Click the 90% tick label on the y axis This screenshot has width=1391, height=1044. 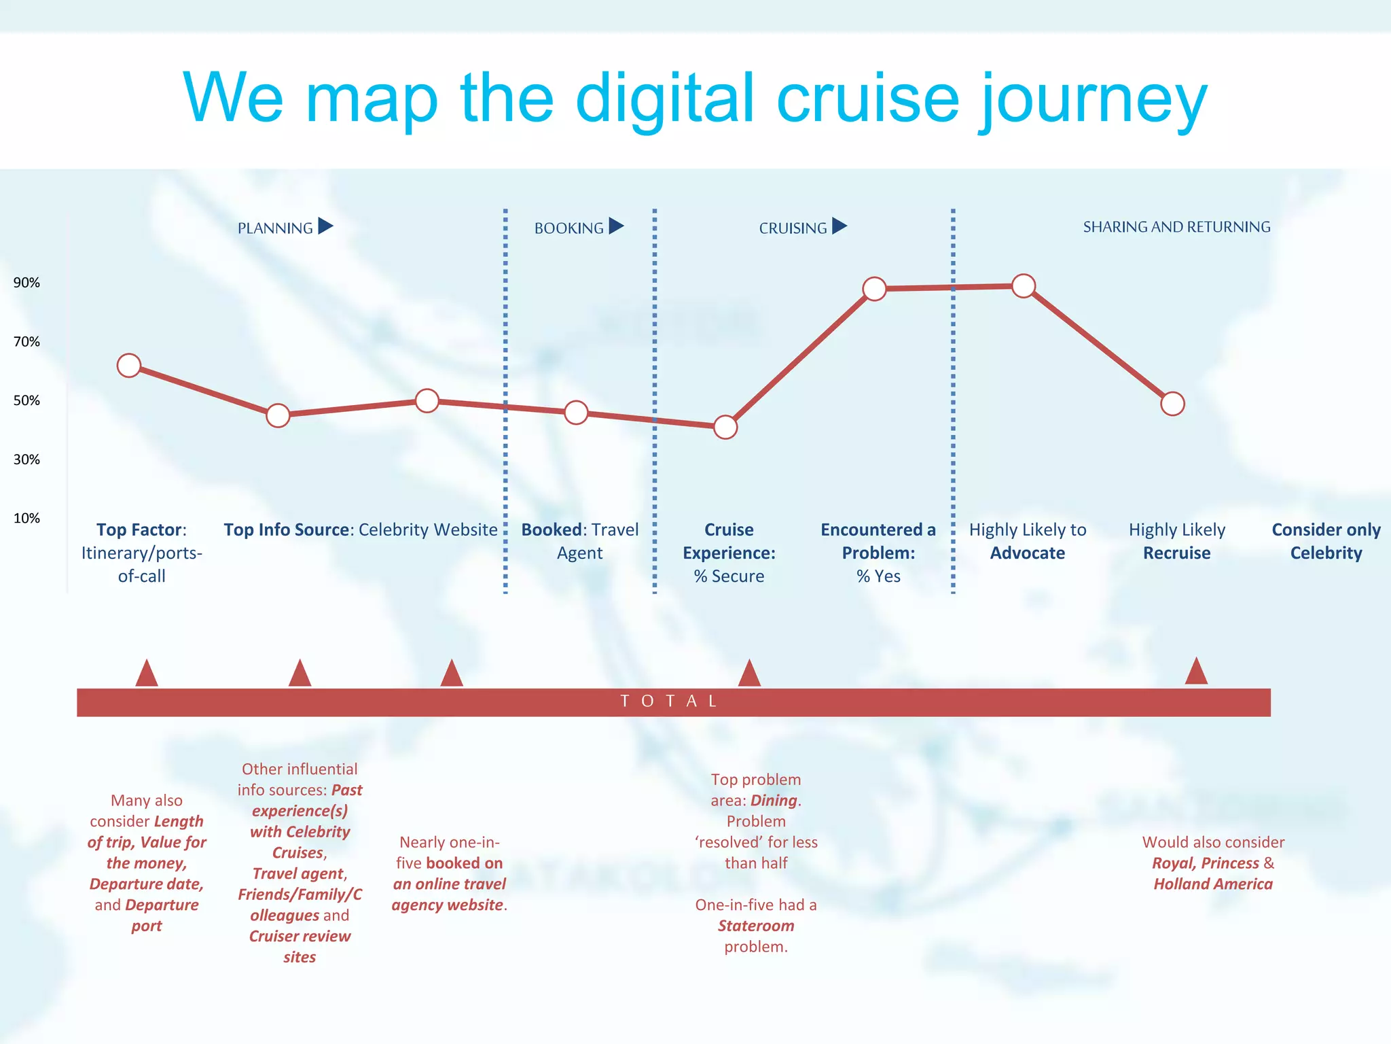[26, 283]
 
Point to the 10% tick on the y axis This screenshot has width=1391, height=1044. [26, 518]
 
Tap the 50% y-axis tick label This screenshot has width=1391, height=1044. [26, 400]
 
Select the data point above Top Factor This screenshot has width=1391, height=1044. [129, 366]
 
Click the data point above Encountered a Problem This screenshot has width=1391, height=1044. [875, 289]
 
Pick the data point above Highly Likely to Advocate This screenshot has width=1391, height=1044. [1024, 286]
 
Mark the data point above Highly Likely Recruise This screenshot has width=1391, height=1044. [1173, 404]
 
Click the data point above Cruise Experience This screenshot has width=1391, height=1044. [725, 427]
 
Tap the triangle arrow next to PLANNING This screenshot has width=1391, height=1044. [325, 226]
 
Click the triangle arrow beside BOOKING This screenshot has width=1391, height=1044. [616, 226]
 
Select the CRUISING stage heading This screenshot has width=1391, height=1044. [793, 228]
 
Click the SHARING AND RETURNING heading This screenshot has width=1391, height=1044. [1176, 227]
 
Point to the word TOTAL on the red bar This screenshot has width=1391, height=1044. [669, 701]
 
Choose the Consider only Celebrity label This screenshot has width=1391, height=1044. [1326, 541]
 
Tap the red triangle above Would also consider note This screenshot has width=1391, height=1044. [1196, 672]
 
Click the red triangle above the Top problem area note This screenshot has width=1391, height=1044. [749, 674]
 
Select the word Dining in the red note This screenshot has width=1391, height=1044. [774, 801]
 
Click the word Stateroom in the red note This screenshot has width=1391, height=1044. [756, 926]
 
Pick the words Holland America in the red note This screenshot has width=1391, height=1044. [1213, 884]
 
